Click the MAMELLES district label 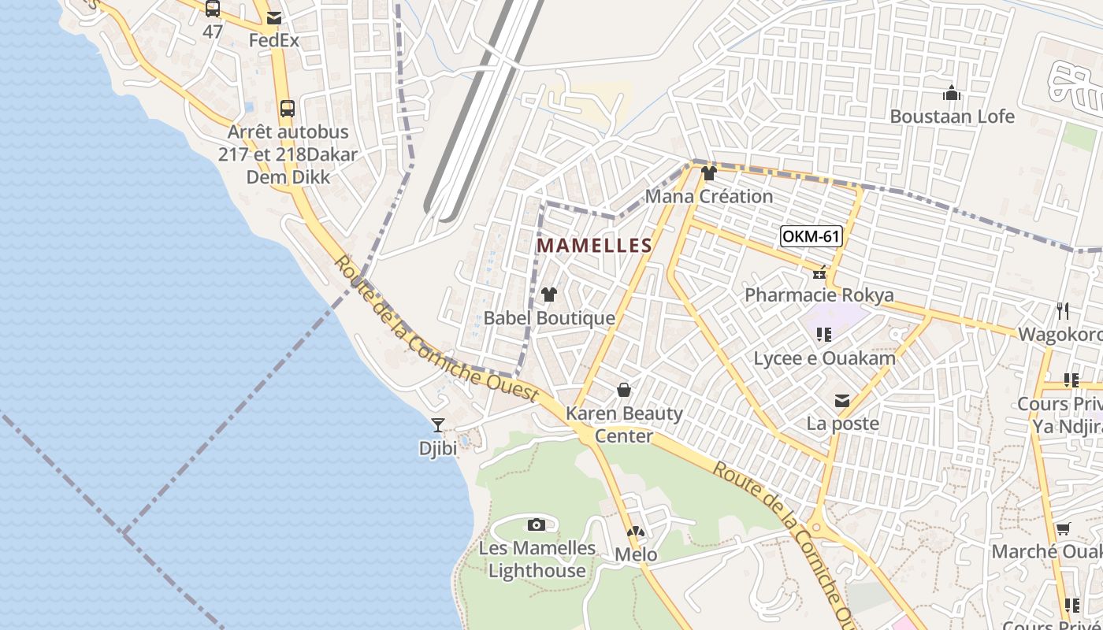pos(594,246)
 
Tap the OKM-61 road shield pos(811,236)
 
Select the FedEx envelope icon pos(274,18)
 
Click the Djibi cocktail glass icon pos(438,425)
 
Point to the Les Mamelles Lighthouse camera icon pos(537,524)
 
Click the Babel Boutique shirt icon pos(549,295)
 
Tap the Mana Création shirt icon pos(708,173)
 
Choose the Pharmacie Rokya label pos(819,295)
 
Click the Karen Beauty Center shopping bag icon pos(624,390)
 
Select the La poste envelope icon pos(842,401)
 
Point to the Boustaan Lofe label pos(952,117)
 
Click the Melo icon pos(636,532)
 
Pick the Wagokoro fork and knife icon pos(1064,311)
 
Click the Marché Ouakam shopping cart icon pos(1064,528)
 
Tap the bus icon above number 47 pos(213,9)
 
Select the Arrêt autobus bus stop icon pos(288,109)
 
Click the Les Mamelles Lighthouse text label pos(537,559)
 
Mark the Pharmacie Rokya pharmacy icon pos(819,272)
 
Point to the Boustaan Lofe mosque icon pos(952,94)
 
